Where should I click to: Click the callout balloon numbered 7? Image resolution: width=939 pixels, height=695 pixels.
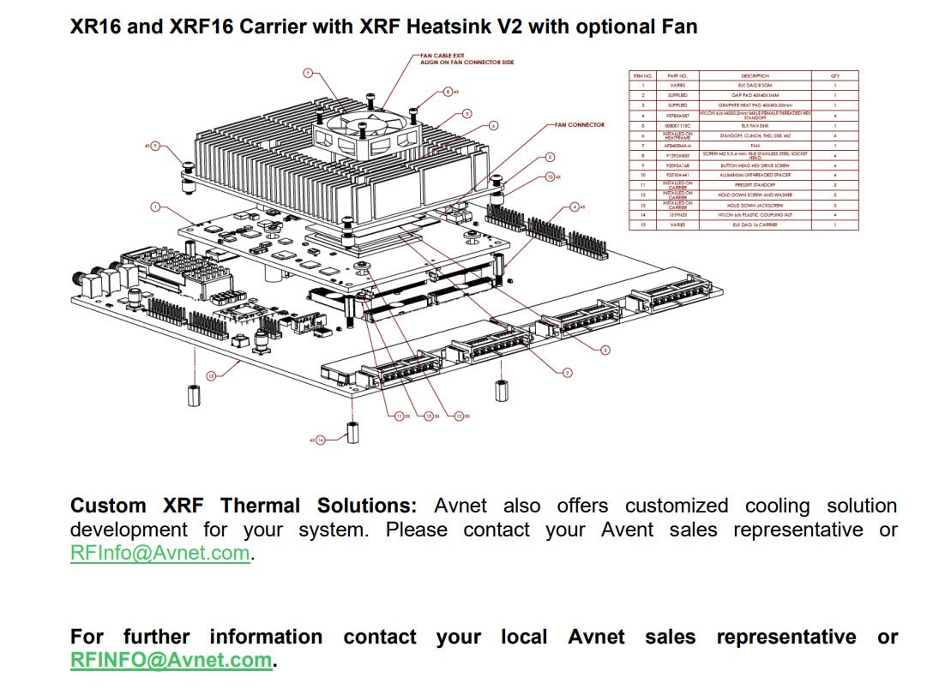[x=308, y=73]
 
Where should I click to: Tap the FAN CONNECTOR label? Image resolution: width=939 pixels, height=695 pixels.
[x=580, y=125]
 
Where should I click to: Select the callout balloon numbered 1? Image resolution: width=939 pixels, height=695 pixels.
[x=155, y=207]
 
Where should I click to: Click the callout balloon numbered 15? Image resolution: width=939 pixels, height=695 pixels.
[x=210, y=374]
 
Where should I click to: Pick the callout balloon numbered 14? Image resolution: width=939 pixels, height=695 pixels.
[x=321, y=440]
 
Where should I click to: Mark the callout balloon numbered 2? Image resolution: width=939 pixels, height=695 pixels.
[x=567, y=372]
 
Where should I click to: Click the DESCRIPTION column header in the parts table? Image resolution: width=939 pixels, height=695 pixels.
[x=755, y=76]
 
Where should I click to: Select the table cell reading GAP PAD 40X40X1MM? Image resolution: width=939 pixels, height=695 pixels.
[x=755, y=95]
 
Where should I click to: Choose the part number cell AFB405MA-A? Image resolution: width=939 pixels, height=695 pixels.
[x=672, y=146]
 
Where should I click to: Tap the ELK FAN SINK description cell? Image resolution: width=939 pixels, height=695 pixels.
[x=755, y=125]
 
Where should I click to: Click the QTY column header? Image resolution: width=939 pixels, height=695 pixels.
[x=834, y=76]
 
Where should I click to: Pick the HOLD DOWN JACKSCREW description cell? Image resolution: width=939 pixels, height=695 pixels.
[x=755, y=206]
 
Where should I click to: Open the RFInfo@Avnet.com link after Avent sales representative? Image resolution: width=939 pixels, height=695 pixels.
[x=160, y=554]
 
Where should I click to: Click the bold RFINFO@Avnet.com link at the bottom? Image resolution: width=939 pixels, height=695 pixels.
[x=171, y=661]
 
